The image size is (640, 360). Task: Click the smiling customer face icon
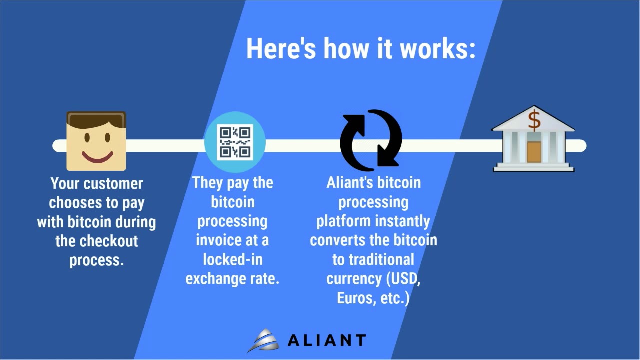96,141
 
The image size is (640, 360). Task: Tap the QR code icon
235,142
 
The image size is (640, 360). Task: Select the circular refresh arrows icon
371,138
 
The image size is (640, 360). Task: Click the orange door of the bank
534,152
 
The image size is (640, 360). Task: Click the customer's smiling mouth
97,157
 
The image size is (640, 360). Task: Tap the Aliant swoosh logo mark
264,341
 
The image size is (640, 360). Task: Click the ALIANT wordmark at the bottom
326,341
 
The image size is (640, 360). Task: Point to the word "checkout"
110,241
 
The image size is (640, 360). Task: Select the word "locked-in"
233,260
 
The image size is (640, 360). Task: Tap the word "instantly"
402,221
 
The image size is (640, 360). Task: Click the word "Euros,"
356,298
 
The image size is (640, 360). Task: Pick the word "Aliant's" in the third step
349,183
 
